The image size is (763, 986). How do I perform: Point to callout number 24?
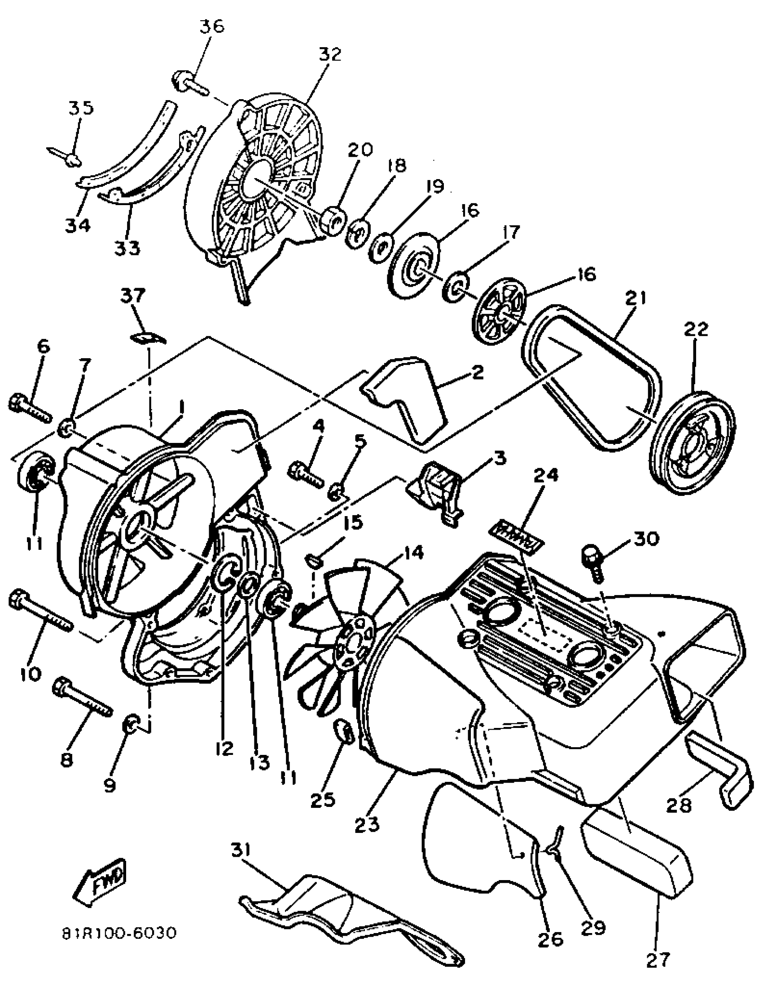546,475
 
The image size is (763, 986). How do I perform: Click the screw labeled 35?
68,155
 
